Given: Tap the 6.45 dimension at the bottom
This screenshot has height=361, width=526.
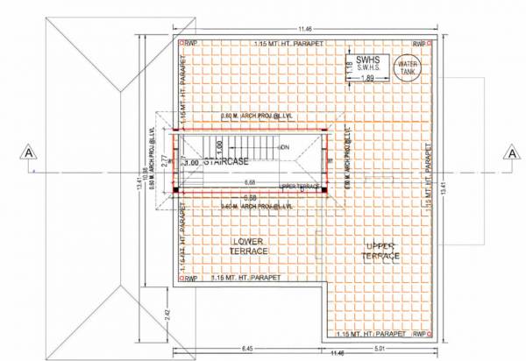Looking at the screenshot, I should pyautogui.click(x=249, y=348).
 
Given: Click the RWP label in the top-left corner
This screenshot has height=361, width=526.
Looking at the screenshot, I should pyautogui.click(x=191, y=44).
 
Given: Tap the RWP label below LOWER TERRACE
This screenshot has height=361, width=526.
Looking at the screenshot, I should pyautogui.click(x=191, y=278).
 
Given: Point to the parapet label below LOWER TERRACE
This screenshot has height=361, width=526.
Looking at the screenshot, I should pyautogui.click(x=249, y=278).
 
